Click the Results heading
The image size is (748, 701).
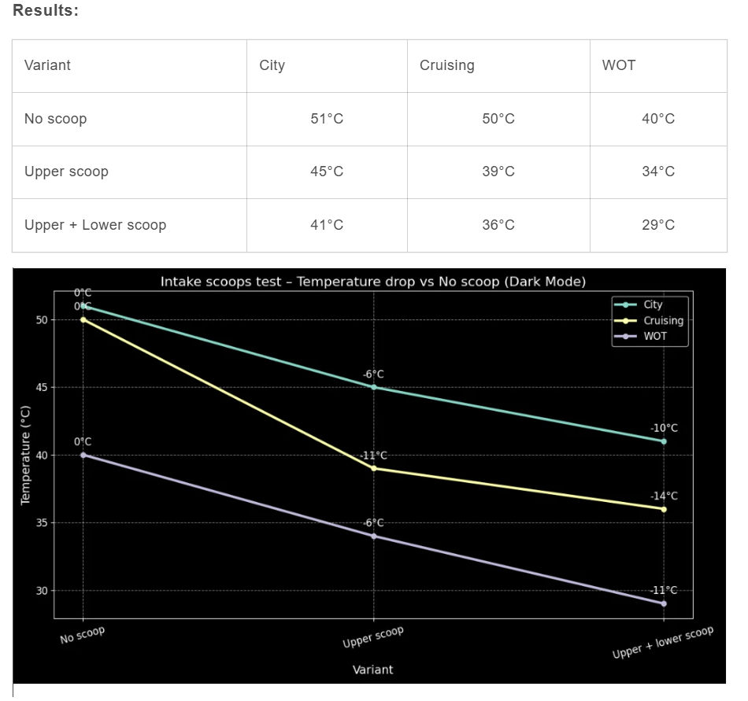click(46, 11)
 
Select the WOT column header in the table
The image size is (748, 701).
click(618, 65)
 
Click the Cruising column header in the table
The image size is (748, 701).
click(446, 65)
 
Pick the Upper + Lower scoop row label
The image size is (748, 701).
click(95, 225)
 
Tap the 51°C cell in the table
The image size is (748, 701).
click(327, 119)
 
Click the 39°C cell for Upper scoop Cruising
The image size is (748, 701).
click(498, 172)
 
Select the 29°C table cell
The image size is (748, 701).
click(658, 225)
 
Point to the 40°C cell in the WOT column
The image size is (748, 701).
click(658, 119)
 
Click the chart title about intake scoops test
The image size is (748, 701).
click(373, 282)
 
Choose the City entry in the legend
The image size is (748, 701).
click(653, 304)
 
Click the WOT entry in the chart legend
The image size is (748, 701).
click(654, 336)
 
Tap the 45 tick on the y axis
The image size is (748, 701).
click(41, 388)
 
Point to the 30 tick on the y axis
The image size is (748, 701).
click(41, 591)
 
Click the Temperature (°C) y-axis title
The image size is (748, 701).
click(25, 456)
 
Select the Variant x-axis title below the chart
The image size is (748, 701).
click(373, 670)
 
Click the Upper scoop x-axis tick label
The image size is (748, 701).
click(373, 637)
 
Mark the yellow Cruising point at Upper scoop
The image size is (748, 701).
click(373, 468)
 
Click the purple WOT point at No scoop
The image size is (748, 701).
click(83, 455)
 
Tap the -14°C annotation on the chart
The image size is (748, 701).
click(664, 496)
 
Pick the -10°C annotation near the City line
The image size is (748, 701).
click(664, 429)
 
